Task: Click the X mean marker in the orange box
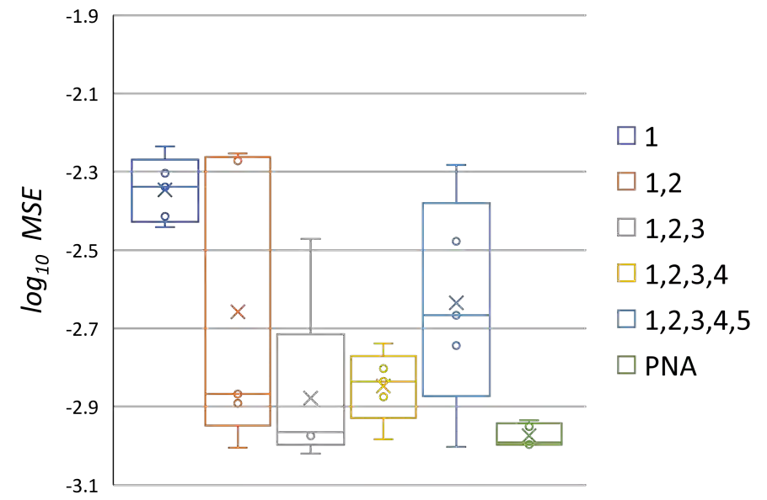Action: (238, 312)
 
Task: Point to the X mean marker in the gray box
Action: (310, 398)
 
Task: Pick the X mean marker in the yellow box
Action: (383, 384)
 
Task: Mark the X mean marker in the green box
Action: (528, 434)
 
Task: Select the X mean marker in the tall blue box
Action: (456, 302)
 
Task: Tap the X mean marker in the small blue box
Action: (165, 189)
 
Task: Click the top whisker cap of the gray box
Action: (310, 240)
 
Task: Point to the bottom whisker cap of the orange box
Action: (238, 447)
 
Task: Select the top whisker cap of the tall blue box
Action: (456, 165)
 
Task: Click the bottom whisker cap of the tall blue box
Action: (456, 447)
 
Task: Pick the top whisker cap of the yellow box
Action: (383, 343)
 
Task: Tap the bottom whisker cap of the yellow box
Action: (383, 439)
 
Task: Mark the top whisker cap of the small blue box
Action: (165, 146)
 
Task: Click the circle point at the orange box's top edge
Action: (238, 160)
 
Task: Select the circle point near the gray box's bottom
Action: (310, 436)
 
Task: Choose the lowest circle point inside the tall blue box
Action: (456, 345)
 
